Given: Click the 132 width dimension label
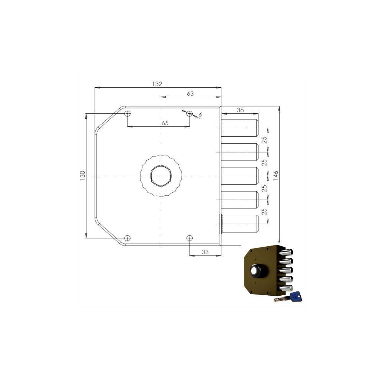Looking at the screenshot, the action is (157, 84).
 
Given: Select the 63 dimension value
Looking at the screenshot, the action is (190, 93).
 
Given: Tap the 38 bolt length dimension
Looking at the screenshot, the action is (241, 110).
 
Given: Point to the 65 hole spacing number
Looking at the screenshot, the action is (165, 123).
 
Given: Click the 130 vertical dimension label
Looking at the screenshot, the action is (82, 176).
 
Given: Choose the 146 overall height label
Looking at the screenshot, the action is (275, 176).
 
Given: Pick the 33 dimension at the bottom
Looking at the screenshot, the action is (205, 252).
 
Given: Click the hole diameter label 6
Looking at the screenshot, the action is (200, 115).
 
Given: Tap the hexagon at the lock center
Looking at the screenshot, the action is (161, 176).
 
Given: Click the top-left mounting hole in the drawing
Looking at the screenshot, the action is (128, 114).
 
